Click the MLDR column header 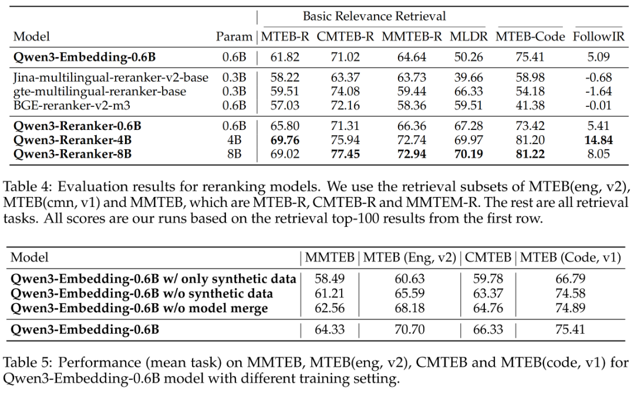click(x=468, y=36)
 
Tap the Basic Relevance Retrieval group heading click(x=375, y=16)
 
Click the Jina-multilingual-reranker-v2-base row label click(x=110, y=78)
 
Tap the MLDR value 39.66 click(x=468, y=78)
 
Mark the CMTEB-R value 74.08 click(x=345, y=91)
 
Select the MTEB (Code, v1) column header click(x=571, y=257)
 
